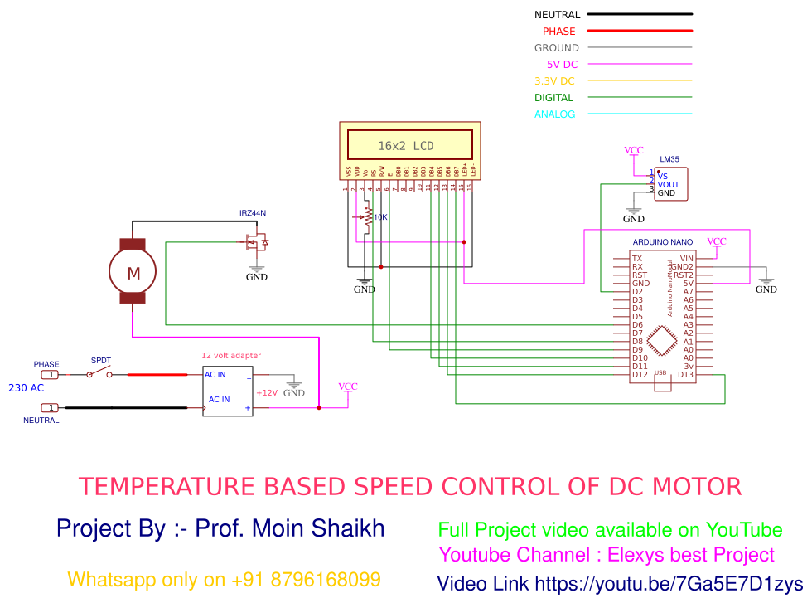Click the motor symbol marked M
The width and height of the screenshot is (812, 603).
(133, 271)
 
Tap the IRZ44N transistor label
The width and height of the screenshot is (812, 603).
(253, 213)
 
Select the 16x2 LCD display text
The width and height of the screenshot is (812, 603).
(406, 146)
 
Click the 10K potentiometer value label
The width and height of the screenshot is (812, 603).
(380, 217)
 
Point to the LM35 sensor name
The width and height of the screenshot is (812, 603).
(669, 159)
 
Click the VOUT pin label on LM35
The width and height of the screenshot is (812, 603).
(668, 185)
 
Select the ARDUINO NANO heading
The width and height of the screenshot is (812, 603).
(663, 241)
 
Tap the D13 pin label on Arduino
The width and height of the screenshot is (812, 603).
(685, 375)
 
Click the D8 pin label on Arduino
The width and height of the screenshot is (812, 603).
(638, 342)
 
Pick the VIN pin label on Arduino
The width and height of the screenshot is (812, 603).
(686, 259)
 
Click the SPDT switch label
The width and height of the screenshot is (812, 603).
(100, 361)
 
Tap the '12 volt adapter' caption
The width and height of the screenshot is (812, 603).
(231, 356)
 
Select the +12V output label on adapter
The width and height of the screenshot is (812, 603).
(267, 393)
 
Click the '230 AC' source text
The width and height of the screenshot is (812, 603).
(27, 387)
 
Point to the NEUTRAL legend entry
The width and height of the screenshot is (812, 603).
(557, 15)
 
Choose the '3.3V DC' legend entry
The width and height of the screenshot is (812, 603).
(554, 81)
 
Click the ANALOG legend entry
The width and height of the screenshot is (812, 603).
(554, 114)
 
